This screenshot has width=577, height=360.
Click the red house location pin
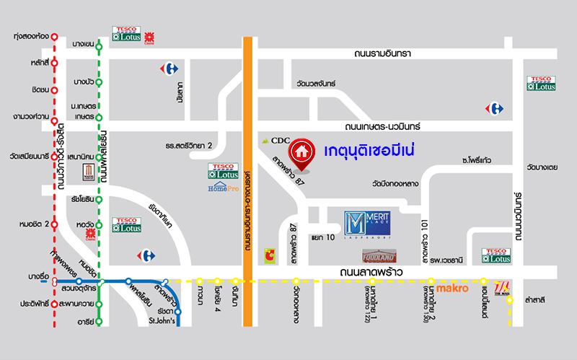[x=301, y=153]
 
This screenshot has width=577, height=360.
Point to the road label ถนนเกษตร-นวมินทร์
[x=397, y=126]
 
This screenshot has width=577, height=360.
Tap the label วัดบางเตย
[x=542, y=167]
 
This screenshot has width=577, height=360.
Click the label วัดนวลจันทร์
[x=311, y=84]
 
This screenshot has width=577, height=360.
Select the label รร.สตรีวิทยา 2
[x=188, y=146]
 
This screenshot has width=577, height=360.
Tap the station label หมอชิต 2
[x=34, y=224]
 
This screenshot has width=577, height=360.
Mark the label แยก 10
[x=322, y=237]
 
